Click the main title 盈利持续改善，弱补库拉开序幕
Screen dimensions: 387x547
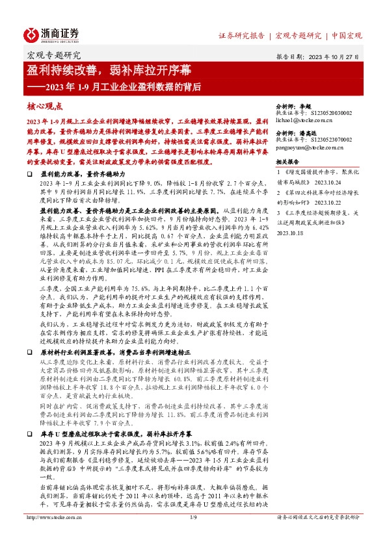click(100, 71)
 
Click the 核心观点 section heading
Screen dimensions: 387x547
click(45, 106)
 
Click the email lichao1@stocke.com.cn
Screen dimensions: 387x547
click(304, 120)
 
